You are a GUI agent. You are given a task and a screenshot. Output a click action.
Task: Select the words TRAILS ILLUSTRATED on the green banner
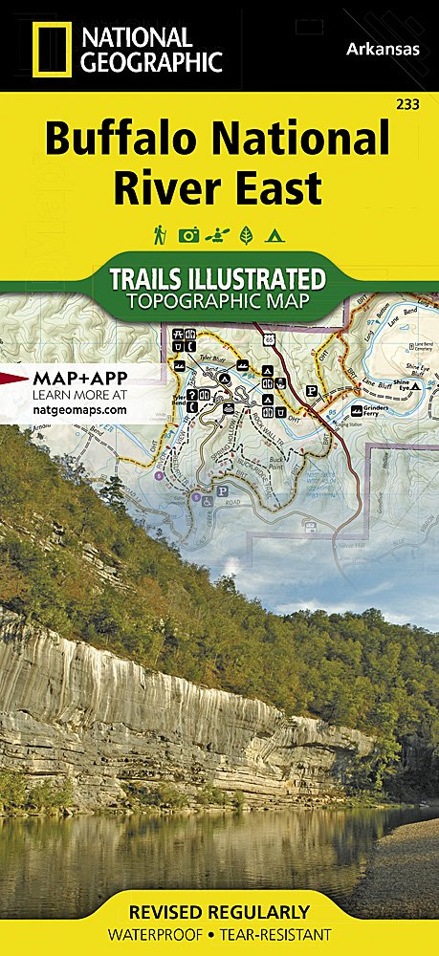218,279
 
